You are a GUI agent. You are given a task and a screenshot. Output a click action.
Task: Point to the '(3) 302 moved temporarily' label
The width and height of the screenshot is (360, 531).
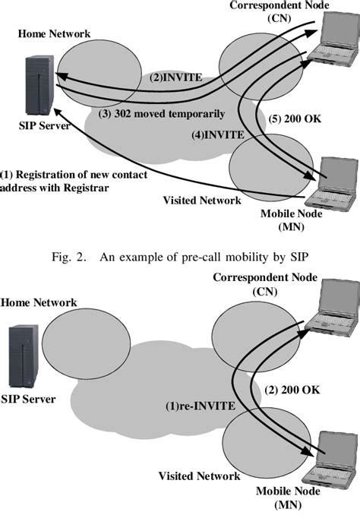tap(162, 114)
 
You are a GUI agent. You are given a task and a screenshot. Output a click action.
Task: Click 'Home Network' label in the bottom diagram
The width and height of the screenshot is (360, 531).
tap(39, 302)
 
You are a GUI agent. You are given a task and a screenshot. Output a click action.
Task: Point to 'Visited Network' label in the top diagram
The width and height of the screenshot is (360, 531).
tap(204, 201)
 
